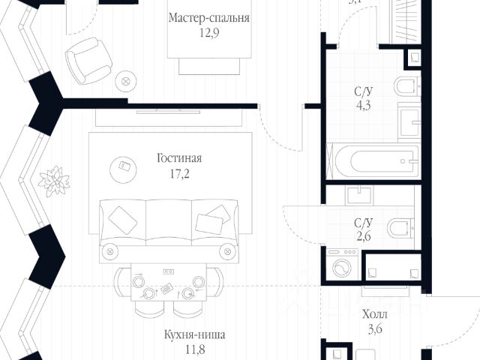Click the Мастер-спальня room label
pos(209,18)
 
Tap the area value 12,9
pos(209,33)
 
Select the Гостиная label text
pos(180,158)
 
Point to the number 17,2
pos(180,173)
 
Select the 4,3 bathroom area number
pos(365,106)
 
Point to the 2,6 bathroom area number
pos(364,235)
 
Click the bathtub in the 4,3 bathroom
pos(373,160)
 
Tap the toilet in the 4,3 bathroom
pos(406,87)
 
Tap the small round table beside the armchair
pos(126,79)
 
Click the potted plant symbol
pos(53,180)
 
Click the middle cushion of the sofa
pos(169,219)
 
